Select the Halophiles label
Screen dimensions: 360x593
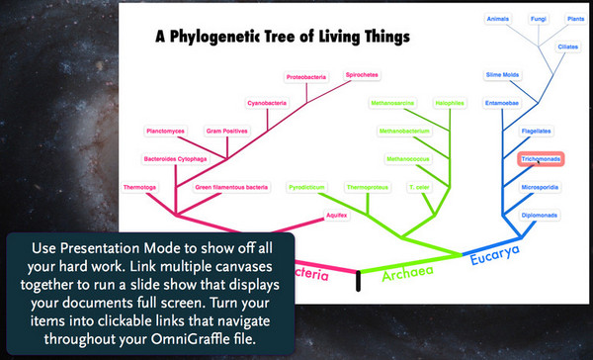click(x=448, y=102)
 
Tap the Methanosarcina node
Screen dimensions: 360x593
click(x=391, y=102)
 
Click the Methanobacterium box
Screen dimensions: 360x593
click(x=405, y=130)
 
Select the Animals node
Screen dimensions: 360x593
click(x=498, y=18)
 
